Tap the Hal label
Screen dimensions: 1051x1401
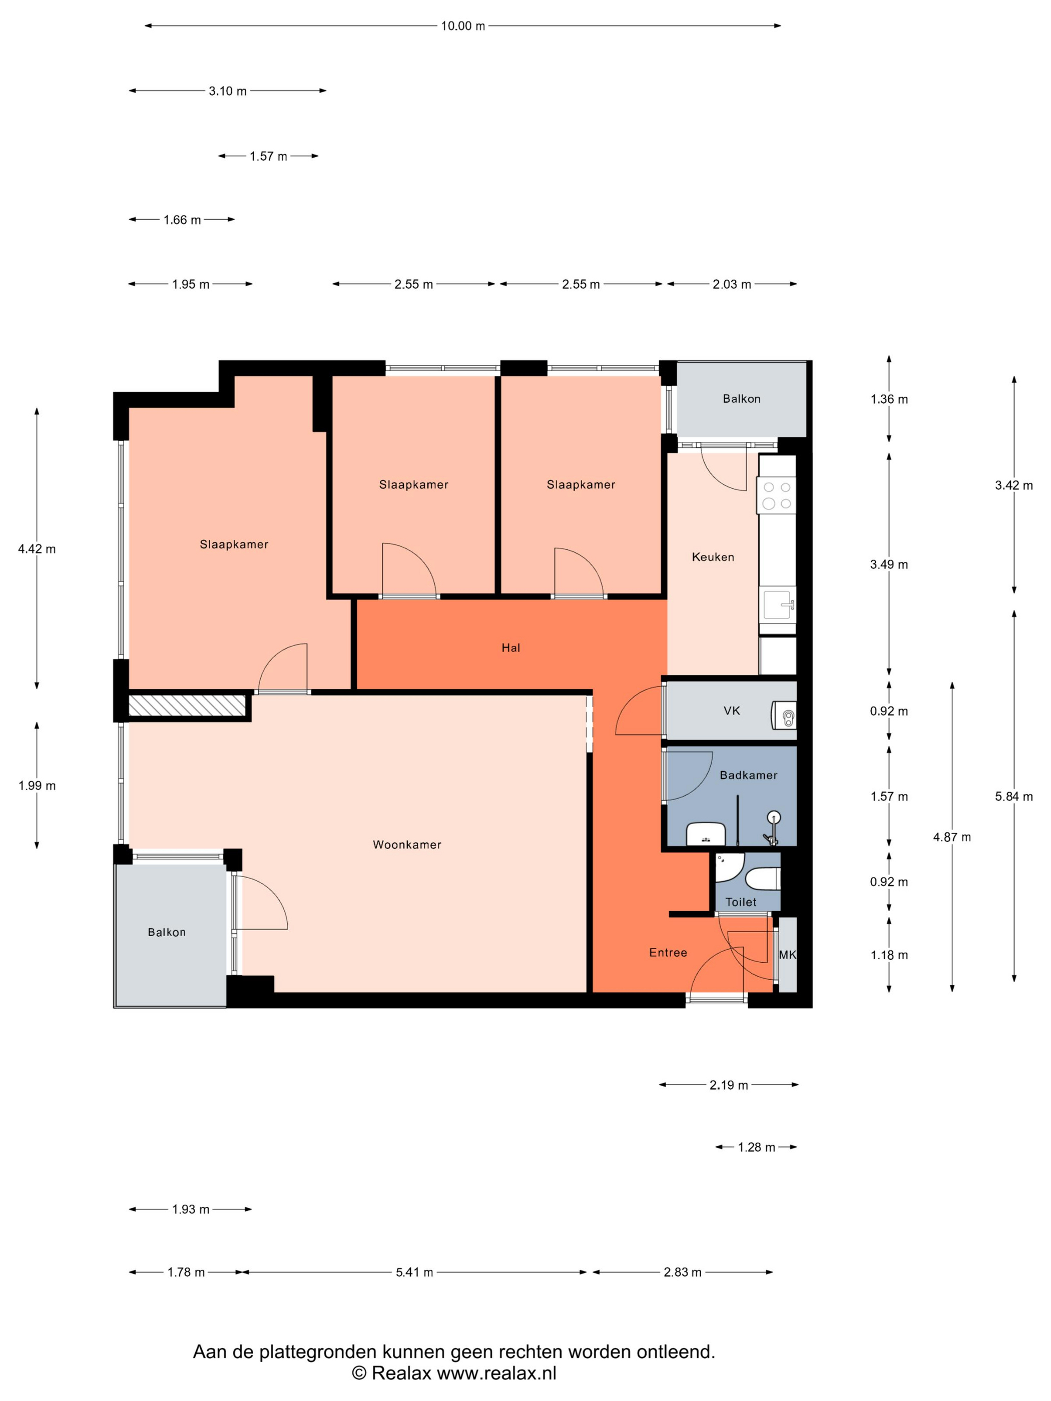(510, 647)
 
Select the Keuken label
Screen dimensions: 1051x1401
(713, 557)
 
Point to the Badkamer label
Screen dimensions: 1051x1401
(748, 775)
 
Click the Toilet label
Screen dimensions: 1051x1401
(741, 902)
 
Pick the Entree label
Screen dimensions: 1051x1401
(668, 953)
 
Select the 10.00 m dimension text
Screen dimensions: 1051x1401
(463, 26)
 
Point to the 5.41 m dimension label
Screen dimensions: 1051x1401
(414, 1272)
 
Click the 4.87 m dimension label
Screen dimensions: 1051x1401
(951, 837)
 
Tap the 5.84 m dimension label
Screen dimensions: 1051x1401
(1013, 796)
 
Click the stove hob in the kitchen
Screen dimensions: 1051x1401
(777, 495)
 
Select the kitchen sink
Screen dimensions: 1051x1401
(778, 604)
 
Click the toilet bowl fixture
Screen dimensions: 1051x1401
(763, 879)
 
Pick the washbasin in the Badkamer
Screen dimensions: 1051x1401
(706, 834)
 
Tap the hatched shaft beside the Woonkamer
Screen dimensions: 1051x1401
(187, 706)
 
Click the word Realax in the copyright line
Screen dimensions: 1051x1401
(401, 1373)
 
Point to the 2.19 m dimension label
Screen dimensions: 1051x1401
(729, 1085)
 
